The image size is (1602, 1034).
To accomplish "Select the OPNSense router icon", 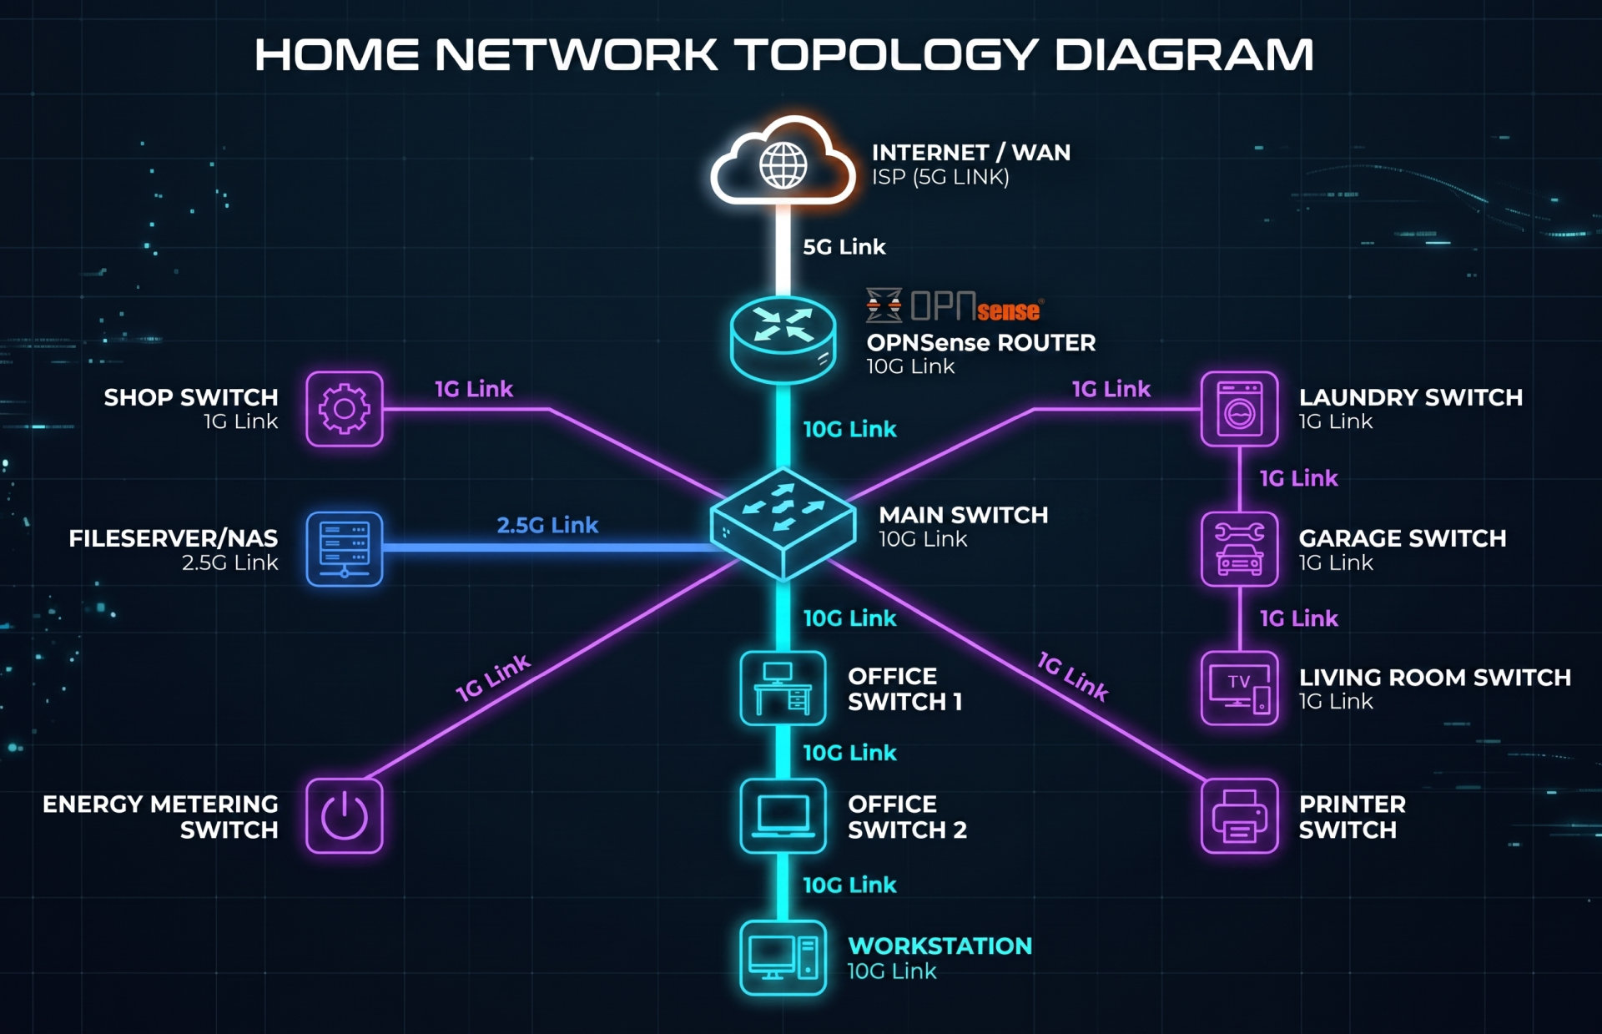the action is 783,340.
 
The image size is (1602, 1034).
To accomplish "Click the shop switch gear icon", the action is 345,409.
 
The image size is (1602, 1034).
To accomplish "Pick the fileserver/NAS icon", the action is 345,549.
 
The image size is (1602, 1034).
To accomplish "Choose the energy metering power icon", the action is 345,815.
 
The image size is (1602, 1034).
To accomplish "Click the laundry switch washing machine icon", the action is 1239,409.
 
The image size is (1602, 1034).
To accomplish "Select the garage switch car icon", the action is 1239,549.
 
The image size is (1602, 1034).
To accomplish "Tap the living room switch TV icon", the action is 1239,688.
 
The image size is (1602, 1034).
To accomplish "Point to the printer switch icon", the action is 1239,815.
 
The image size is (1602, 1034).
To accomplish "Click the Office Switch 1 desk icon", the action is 783,688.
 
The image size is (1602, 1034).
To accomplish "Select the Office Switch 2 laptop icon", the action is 783,815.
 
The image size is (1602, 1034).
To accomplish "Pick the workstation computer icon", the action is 783,957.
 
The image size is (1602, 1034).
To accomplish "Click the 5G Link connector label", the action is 844,247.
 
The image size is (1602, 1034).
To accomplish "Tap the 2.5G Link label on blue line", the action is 547,525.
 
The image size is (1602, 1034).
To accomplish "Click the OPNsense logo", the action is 955,305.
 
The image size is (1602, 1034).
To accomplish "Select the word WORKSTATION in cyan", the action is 940,946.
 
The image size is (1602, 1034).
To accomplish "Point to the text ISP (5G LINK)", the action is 940,177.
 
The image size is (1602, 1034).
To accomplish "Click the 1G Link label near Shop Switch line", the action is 473,389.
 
